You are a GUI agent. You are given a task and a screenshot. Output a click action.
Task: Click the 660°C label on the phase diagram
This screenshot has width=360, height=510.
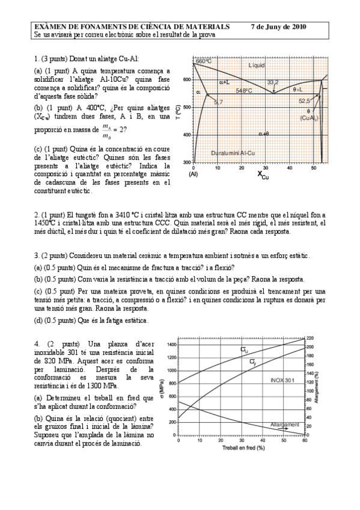tap(204, 61)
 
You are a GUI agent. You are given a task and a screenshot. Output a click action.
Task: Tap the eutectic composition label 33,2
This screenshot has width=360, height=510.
tap(273, 82)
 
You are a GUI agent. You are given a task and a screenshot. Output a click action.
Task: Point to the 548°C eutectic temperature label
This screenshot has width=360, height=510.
tap(243, 91)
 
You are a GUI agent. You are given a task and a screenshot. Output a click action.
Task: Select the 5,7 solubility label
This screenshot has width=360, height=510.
tap(218, 102)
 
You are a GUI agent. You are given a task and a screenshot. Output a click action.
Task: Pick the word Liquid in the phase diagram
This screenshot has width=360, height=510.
tap(257, 64)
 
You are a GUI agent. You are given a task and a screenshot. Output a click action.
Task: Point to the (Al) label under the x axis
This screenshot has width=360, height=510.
tap(194, 174)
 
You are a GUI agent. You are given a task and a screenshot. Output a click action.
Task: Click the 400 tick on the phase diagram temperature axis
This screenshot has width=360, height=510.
tap(187, 135)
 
